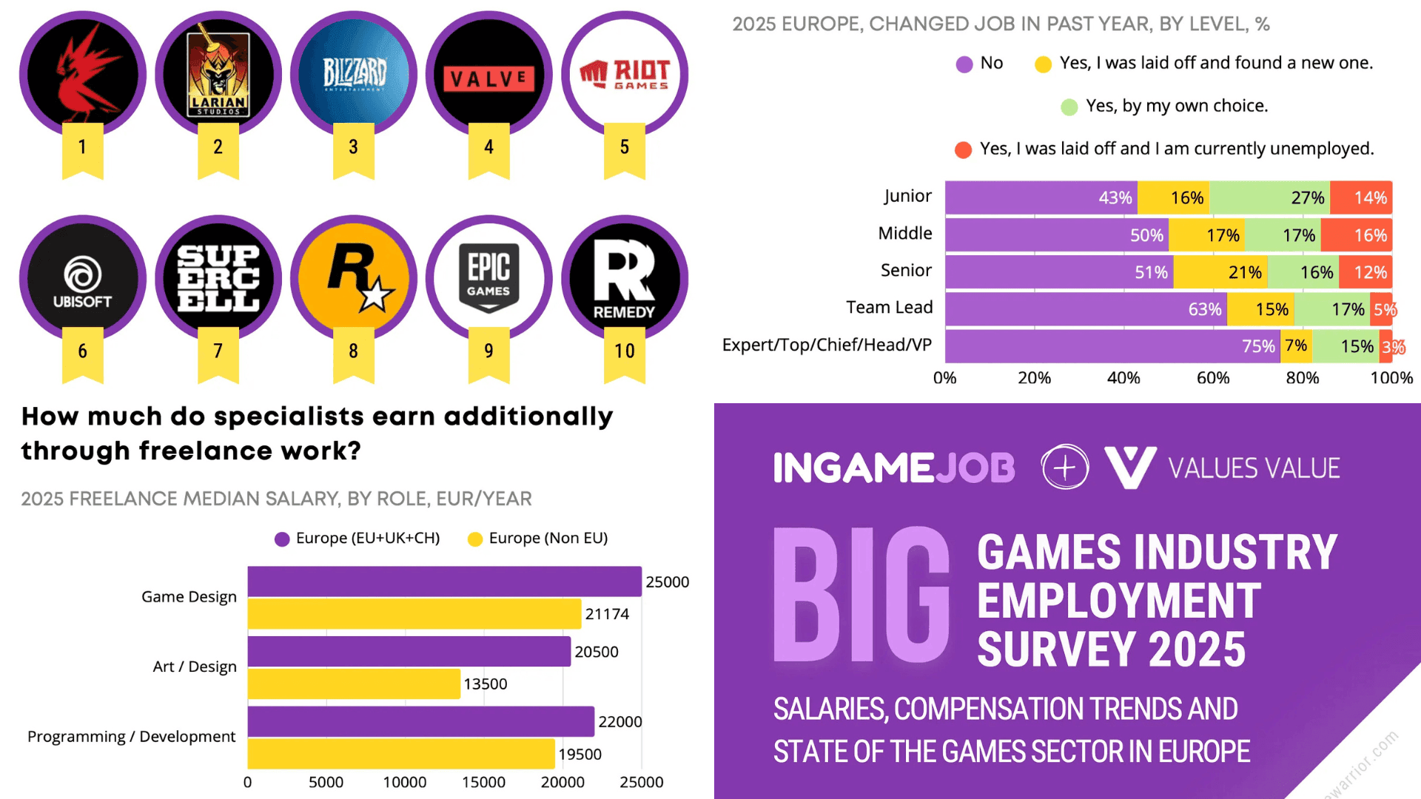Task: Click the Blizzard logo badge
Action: [354, 74]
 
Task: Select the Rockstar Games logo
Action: [354, 278]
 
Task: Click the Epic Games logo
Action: [488, 278]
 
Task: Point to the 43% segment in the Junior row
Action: [1041, 198]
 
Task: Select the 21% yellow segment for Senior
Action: [1220, 272]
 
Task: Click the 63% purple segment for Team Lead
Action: [1085, 309]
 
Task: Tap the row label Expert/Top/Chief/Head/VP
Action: [827, 345]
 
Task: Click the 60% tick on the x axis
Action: [1212, 378]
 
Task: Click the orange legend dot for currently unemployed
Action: [963, 150]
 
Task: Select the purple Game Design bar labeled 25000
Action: [444, 581]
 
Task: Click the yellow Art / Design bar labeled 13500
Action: [354, 684]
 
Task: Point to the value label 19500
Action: [580, 754]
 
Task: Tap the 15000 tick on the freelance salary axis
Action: [483, 782]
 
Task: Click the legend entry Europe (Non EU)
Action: [548, 538]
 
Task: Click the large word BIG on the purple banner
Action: [861, 596]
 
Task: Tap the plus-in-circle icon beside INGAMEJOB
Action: [1064, 468]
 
